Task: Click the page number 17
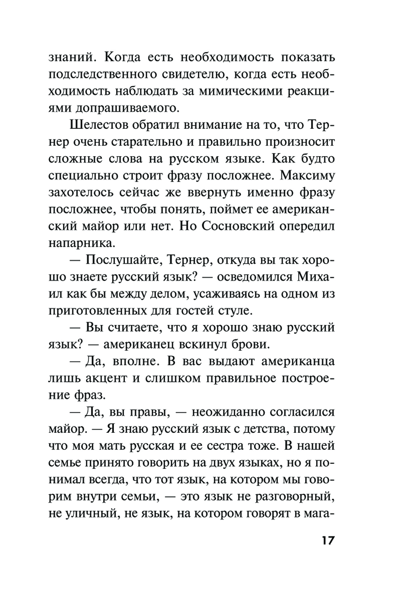tap(328, 540)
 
